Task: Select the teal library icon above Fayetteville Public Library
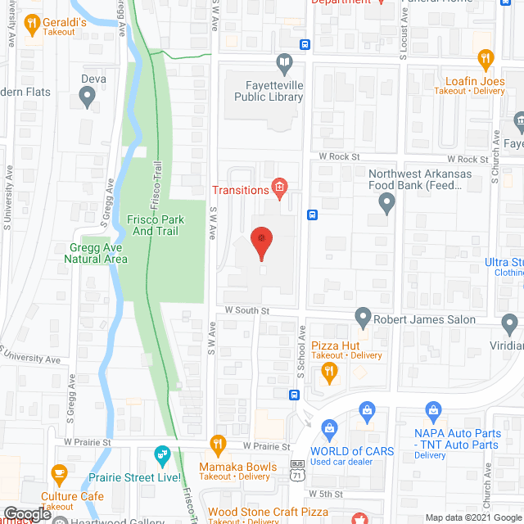point(284,63)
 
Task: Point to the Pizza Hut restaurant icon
point(330,373)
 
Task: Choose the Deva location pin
point(88,98)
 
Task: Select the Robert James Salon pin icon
point(364,316)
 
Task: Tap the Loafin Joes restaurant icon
point(486,59)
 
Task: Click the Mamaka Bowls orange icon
point(217,446)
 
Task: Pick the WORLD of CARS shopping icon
point(330,428)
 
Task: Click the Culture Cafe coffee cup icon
point(59,474)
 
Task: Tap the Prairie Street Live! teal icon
point(162,454)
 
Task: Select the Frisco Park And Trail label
point(156,225)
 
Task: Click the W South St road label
point(247,310)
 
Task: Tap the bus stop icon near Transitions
point(313,215)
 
